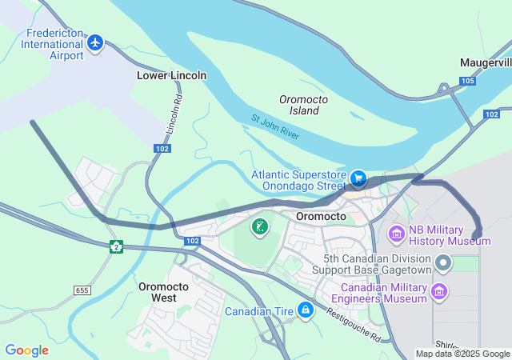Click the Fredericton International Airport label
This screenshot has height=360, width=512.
(54, 44)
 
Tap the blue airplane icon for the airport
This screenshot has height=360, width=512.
(96, 42)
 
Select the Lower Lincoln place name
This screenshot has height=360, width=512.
(171, 75)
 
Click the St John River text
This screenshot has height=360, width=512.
(275, 128)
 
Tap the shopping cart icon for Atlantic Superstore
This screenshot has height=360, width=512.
(359, 178)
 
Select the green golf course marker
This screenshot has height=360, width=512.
(259, 227)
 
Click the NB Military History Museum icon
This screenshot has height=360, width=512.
(396, 234)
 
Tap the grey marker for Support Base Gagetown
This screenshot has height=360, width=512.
(443, 262)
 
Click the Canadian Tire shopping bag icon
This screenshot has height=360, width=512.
(305, 310)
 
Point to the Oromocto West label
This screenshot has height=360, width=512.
(163, 292)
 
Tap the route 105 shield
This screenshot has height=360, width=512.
(468, 81)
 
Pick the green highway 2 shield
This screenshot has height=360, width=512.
(116, 246)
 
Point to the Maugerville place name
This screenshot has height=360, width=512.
(486, 62)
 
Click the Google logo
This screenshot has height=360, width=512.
(26, 350)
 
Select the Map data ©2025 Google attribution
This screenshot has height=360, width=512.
(462, 354)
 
